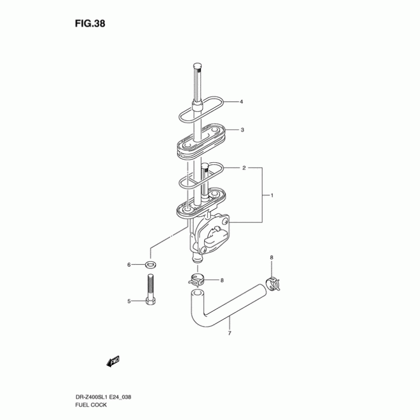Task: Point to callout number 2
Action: click(x=244, y=169)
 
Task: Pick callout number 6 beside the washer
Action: click(x=128, y=265)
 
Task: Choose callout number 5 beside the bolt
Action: click(x=128, y=301)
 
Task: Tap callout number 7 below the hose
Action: click(x=229, y=333)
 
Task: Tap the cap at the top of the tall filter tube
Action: click(x=197, y=67)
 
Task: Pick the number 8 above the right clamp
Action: click(x=271, y=257)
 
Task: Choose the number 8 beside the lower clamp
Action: click(x=222, y=280)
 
